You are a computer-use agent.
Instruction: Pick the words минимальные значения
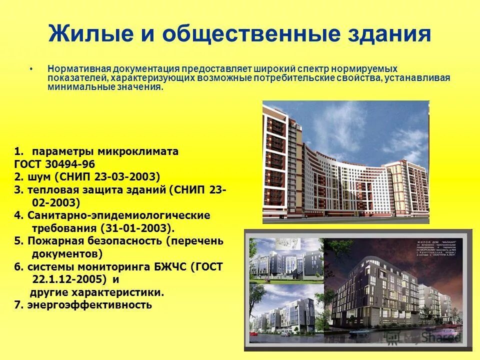coord(105,86)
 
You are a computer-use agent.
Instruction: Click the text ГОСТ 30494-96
coord(54,164)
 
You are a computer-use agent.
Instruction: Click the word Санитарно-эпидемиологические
coord(119,215)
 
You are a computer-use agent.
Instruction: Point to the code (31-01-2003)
coord(138,228)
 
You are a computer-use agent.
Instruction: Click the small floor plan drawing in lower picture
coord(289,246)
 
